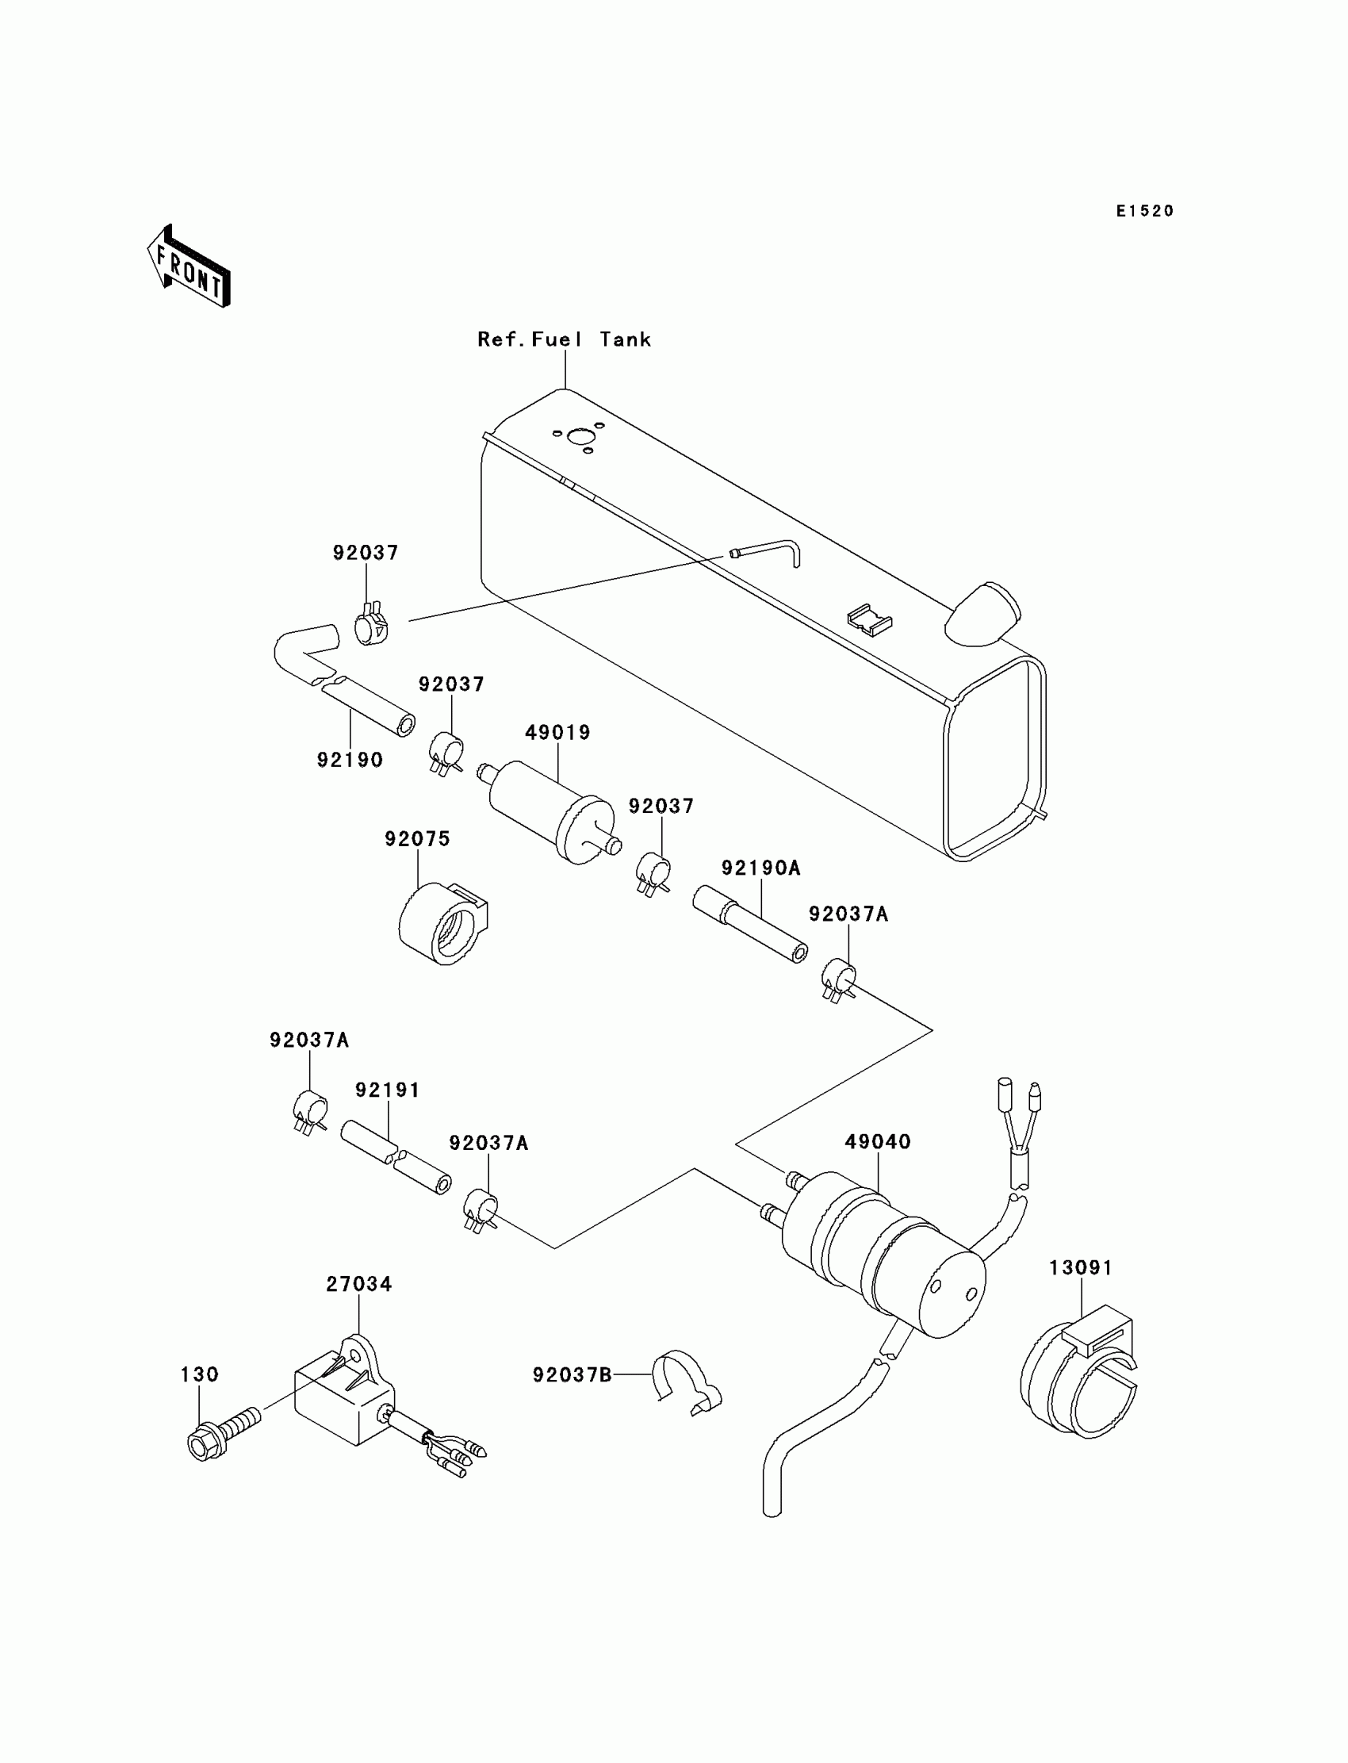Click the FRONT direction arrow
coord(190,267)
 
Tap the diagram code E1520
coord(1145,211)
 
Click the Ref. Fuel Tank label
coord(564,339)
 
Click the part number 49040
coord(878,1141)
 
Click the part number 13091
coord(1081,1268)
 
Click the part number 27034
coord(358,1284)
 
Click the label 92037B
coord(572,1375)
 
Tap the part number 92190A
coord(760,868)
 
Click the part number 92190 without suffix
coord(350,760)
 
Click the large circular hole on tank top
coord(578,436)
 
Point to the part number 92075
coord(417,838)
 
